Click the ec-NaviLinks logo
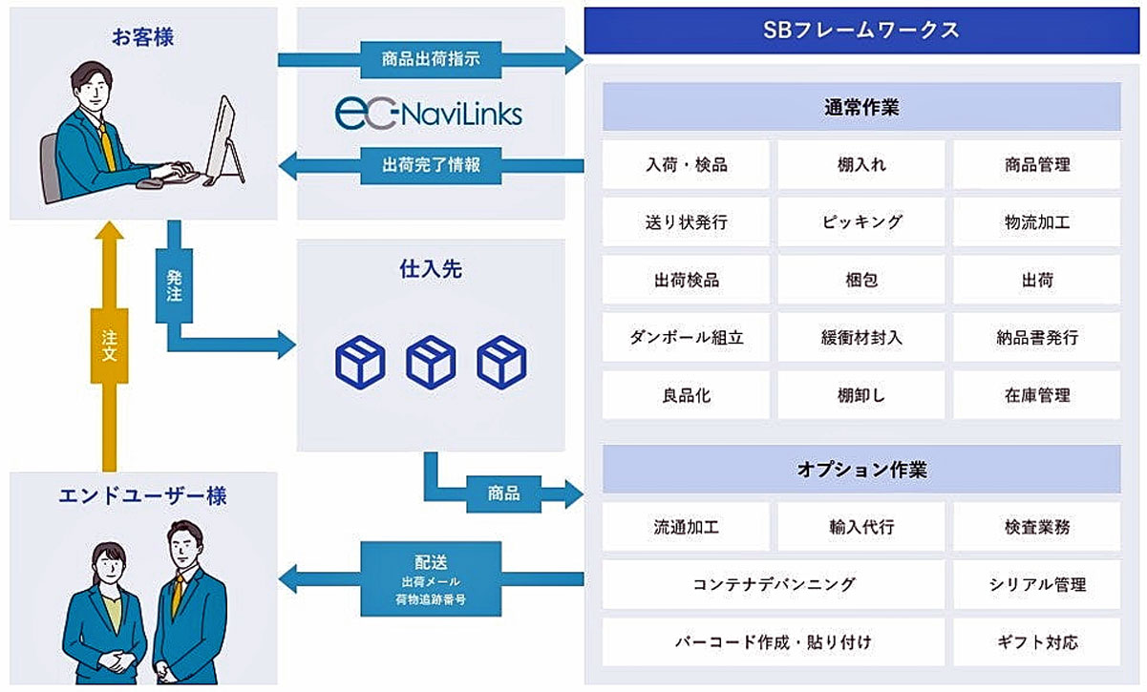click(x=429, y=114)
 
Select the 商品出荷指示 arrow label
click(x=431, y=59)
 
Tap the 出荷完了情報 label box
click(x=431, y=165)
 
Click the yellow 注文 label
click(x=109, y=346)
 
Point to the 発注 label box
click(x=174, y=285)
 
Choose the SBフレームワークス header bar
click(x=861, y=31)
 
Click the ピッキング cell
click(x=861, y=222)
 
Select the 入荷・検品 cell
click(x=686, y=165)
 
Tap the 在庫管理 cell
click(x=1037, y=395)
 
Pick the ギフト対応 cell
click(x=1037, y=641)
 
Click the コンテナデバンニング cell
click(x=774, y=584)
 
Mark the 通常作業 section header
click(x=861, y=107)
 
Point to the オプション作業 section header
click(x=861, y=469)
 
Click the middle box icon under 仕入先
click(x=431, y=362)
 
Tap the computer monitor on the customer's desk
click(x=225, y=139)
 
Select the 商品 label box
click(x=504, y=493)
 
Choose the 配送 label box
click(x=431, y=578)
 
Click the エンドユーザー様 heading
click(x=143, y=495)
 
